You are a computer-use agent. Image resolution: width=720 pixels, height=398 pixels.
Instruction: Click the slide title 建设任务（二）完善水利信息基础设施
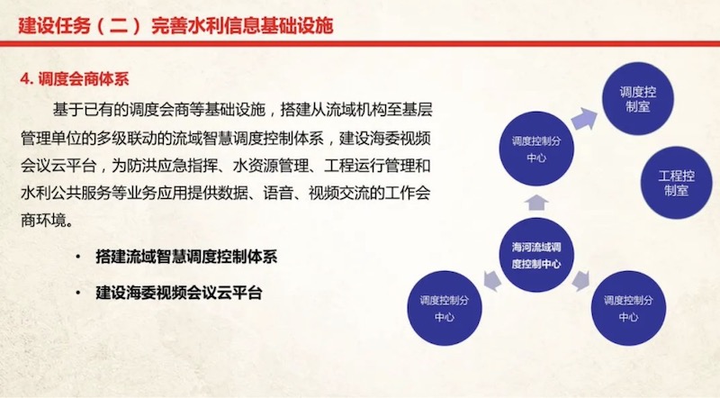175,26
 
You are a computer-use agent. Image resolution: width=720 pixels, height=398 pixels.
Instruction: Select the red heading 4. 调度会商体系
75,79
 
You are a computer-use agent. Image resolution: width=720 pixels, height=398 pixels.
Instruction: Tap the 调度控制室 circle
638,99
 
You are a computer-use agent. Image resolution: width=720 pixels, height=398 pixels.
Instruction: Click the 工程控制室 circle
677,183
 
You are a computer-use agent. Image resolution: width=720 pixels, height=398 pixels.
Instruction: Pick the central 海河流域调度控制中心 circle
536,255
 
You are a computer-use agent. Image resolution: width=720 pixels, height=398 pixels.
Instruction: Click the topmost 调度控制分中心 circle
536,149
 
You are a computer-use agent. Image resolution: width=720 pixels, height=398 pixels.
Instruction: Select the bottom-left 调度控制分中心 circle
445,308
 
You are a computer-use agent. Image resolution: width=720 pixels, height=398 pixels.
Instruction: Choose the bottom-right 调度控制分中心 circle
628,308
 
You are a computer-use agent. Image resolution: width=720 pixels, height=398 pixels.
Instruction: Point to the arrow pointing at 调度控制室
584,119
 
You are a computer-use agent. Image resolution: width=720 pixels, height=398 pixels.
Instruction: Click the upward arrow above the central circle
536,203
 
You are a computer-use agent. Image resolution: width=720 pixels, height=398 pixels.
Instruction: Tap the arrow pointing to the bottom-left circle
492,280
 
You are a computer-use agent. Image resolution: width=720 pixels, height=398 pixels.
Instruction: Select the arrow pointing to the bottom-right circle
580,280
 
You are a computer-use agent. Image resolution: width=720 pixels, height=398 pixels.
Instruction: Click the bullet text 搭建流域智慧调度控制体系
186,257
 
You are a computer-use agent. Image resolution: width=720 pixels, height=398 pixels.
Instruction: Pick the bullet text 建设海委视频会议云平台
179,293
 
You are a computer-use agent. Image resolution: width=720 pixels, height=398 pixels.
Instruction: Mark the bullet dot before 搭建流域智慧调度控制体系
78,257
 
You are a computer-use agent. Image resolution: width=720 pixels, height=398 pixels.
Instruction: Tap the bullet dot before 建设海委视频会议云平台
78,293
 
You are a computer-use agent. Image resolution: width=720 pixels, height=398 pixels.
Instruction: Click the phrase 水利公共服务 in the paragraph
66,193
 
